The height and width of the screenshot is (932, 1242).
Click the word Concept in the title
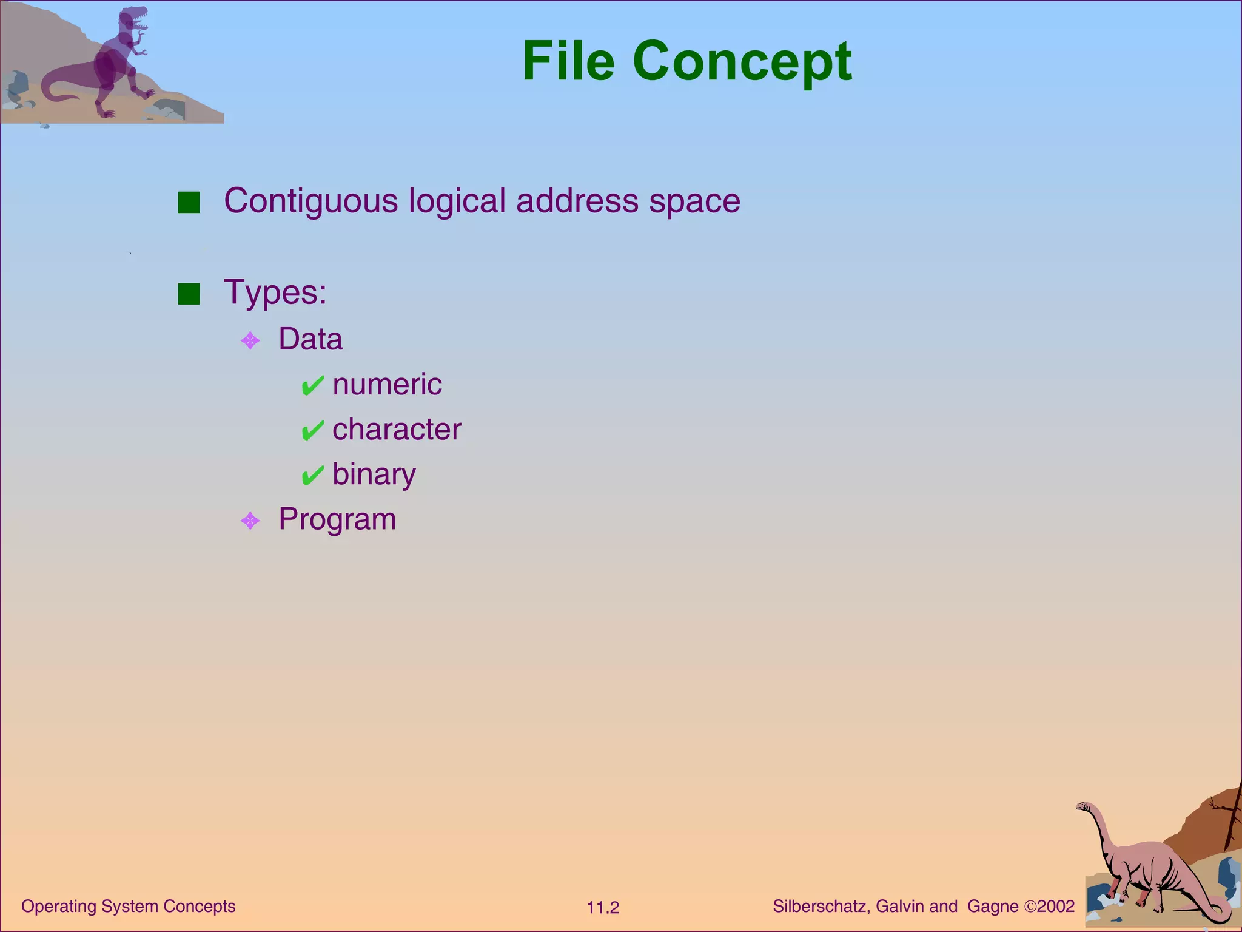(742, 63)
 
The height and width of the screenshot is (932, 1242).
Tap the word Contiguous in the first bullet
(310, 201)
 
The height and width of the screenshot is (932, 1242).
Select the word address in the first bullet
(577, 200)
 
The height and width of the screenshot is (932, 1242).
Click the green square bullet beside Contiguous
(189, 203)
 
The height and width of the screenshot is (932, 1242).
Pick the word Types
(275, 292)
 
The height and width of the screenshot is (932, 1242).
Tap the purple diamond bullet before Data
(250, 340)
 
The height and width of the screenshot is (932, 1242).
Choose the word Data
(310, 339)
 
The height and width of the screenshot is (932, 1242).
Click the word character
(397, 430)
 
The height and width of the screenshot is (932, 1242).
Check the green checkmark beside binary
(312, 476)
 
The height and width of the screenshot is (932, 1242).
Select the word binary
(374, 474)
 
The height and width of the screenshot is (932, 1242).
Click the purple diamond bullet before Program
(250, 521)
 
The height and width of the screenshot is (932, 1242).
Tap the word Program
(337, 519)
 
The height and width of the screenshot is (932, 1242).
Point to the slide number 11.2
(603, 908)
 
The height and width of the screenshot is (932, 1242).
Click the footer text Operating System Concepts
(129, 907)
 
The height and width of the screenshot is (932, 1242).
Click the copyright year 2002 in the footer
(1056, 907)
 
